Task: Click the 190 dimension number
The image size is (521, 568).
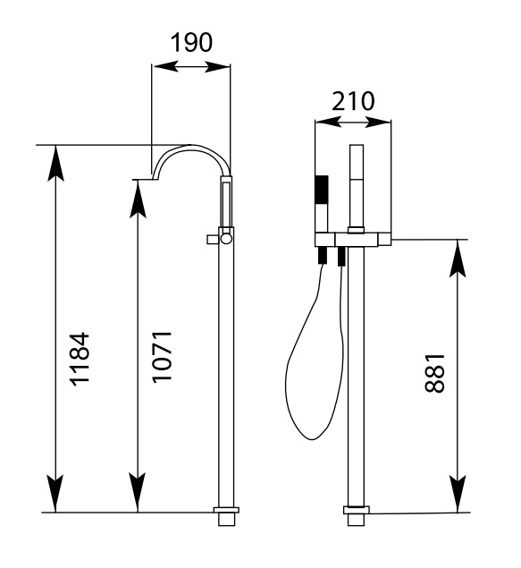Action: point(191,43)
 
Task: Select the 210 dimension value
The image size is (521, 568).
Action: point(353,101)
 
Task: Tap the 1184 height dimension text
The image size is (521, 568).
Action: point(80,359)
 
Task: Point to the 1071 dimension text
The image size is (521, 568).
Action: point(162,356)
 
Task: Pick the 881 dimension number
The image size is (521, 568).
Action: point(434,373)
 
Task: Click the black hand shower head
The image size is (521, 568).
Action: point(322,190)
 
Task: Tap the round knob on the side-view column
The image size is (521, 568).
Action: point(227,238)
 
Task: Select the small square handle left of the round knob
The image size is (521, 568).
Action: point(212,239)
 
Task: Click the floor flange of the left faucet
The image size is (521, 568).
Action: point(226,510)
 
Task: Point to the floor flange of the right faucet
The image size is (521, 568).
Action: point(357,510)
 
